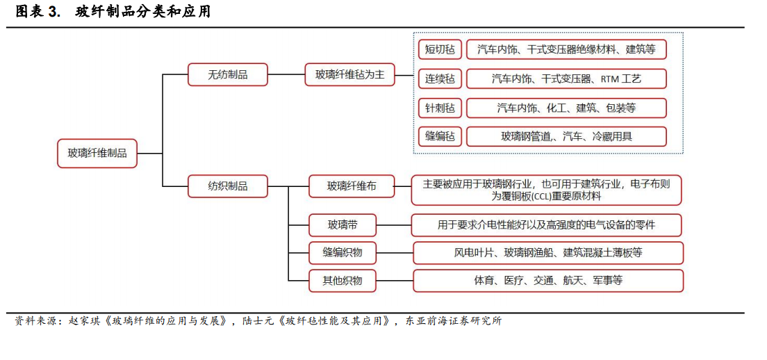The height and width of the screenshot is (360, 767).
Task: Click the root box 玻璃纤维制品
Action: tap(97, 154)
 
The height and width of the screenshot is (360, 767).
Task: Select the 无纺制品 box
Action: tap(228, 75)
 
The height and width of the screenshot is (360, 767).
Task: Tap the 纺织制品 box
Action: tap(228, 186)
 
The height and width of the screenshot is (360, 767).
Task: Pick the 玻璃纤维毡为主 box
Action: tap(349, 75)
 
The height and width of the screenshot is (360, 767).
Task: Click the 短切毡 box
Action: tap(440, 49)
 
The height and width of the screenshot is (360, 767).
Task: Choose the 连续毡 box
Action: tap(440, 79)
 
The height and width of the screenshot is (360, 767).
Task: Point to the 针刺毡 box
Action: tap(440, 108)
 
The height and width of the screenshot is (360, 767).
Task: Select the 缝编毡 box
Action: tap(440, 136)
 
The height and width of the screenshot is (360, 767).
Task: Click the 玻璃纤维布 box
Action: tap(352, 186)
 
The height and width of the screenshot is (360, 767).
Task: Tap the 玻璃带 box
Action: tap(343, 225)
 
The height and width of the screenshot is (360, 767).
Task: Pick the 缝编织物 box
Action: tap(343, 253)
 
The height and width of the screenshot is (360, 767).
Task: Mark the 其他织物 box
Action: tap(343, 281)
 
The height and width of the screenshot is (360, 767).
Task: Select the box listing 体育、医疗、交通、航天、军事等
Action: tap(548, 281)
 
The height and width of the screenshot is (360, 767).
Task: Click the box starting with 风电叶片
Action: tap(548, 253)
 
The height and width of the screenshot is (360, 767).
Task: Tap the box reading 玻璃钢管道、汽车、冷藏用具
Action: tap(566, 136)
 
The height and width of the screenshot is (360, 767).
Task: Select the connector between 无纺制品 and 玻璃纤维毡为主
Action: tap(286, 75)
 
